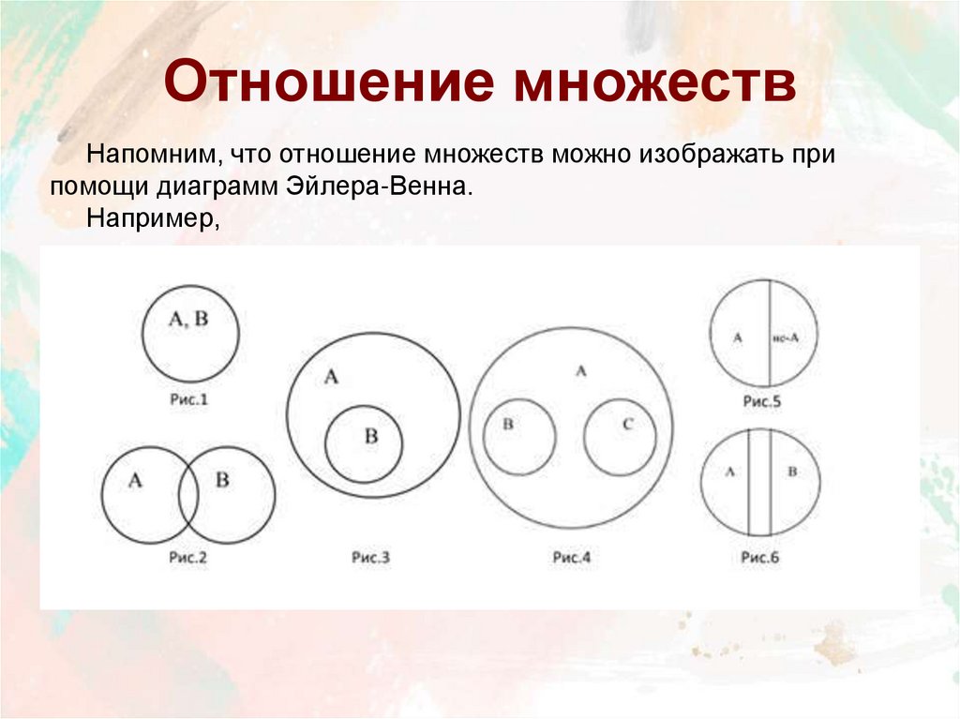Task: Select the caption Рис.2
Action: (187, 558)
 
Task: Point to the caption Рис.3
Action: (371, 558)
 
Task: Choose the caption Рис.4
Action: (571, 558)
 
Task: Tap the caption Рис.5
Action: (761, 401)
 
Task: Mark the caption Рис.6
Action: (760, 558)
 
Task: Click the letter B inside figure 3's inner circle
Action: (370, 436)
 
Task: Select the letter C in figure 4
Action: (628, 425)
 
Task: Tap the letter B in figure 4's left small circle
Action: (508, 425)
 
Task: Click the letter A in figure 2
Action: (135, 481)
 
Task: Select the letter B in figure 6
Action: (791, 472)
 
